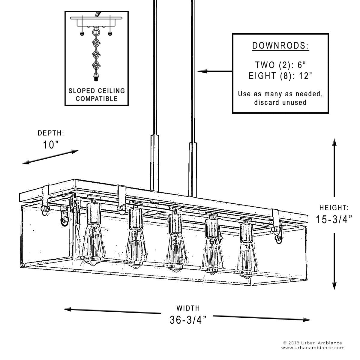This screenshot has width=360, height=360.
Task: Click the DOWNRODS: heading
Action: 280,46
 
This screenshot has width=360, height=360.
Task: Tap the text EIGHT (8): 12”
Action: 280,76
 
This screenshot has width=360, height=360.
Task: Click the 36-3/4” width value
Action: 188,320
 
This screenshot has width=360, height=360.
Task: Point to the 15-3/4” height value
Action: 333,220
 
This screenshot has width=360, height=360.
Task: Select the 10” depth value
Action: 50,145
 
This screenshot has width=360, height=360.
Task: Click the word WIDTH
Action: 188,308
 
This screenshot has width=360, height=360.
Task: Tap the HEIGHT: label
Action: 334,208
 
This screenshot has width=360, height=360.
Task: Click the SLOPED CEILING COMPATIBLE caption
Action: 97,94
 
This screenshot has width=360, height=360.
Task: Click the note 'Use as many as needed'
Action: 280,94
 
